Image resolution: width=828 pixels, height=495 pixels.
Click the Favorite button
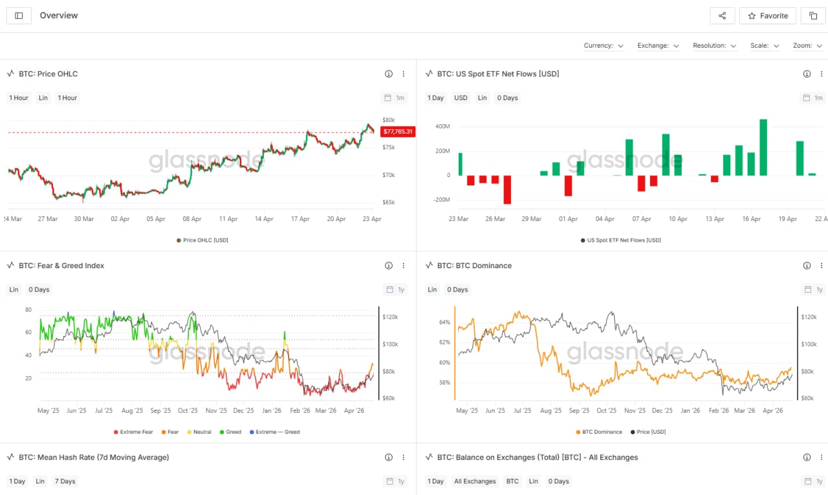point(768,16)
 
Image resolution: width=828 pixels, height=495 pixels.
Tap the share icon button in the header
point(722,16)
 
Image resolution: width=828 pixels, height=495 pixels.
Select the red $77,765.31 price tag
point(397,131)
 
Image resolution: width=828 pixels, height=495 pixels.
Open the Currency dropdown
point(604,46)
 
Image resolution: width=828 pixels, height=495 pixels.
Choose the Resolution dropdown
point(714,46)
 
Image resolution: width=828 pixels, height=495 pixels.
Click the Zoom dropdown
point(807,46)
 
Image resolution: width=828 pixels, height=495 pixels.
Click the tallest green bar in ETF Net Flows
point(763,147)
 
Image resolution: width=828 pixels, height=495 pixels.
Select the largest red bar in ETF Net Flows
point(507,189)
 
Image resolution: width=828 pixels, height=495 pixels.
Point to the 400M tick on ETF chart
point(442,127)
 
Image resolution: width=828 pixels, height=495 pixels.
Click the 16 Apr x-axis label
point(751,219)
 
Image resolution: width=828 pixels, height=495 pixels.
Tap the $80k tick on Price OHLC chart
point(388,120)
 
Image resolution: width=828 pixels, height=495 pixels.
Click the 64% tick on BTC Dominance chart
point(444,322)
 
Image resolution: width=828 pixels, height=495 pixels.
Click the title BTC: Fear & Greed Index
point(61,266)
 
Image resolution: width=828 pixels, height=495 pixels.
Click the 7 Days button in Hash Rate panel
point(65,481)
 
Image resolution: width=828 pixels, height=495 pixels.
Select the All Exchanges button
point(475,481)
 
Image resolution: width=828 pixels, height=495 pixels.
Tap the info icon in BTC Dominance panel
point(807,266)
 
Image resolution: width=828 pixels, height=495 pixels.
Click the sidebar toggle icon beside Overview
point(19,16)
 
